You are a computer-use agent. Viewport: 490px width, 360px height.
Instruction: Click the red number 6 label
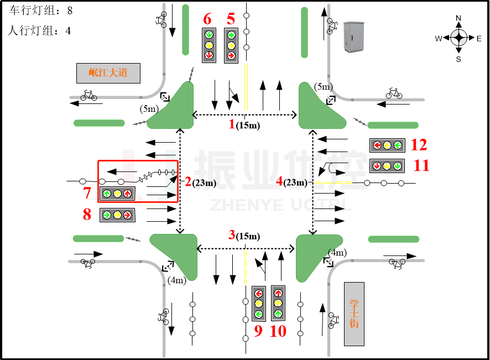(207, 19)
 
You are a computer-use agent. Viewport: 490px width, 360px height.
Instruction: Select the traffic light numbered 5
(231, 45)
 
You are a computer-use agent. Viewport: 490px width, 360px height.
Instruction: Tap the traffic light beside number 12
(387, 145)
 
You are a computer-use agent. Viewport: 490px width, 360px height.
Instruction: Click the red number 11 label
(421, 165)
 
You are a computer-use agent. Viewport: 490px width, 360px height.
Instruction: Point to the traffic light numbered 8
(117, 215)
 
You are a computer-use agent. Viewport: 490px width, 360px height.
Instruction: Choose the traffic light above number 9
(258, 304)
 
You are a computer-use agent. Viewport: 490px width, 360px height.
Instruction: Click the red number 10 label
(278, 331)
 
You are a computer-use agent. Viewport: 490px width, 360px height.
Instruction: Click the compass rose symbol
(458, 38)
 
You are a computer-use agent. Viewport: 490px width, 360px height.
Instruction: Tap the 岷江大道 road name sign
(108, 72)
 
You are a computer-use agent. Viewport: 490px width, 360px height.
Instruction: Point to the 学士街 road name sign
(354, 314)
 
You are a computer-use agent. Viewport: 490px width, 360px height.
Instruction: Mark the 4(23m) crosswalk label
(292, 181)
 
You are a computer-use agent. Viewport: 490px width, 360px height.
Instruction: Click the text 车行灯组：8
(41, 11)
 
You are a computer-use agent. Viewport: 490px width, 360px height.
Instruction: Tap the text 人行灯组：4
(40, 31)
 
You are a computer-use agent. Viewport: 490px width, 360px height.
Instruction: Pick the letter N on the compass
(458, 18)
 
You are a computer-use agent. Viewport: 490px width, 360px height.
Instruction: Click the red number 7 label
(87, 193)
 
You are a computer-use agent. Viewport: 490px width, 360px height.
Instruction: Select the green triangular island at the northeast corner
(319, 108)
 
